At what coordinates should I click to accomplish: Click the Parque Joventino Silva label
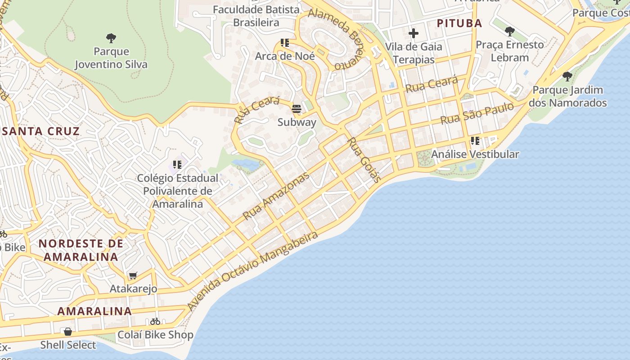pyautogui.click(x=111, y=58)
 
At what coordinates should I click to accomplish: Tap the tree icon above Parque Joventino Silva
pyautogui.click(x=111, y=38)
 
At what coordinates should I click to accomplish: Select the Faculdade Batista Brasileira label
pyautogui.click(x=256, y=16)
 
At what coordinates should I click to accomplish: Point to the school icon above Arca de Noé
pyautogui.click(x=285, y=43)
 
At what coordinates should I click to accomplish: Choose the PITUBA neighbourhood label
pyautogui.click(x=459, y=23)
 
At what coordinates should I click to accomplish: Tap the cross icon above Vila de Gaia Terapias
pyautogui.click(x=413, y=33)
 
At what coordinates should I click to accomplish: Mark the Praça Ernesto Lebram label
pyautogui.click(x=510, y=51)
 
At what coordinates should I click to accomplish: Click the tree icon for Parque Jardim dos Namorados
pyautogui.click(x=567, y=76)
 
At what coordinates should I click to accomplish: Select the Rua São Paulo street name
pyautogui.click(x=477, y=113)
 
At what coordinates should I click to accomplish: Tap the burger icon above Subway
pyautogui.click(x=297, y=109)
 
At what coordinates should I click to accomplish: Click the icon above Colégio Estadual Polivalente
pyautogui.click(x=177, y=165)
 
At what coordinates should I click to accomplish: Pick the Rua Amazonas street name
pyautogui.click(x=276, y=196)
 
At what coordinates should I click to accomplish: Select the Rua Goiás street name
pyautogui.click(x=364, y=160)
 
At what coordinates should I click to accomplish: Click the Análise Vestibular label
pyautogui.click(x=475, y=154)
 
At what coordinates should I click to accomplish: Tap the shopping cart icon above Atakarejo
pyautogui.click(x=133, y=275)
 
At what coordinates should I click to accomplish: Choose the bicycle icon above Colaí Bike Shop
pyautogui.click(x=155, y=321)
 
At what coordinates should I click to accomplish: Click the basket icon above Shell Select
pyautogui.click(x=68, y=332)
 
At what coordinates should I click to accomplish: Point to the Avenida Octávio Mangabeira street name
pyautogui.click(x=253, y=271)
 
